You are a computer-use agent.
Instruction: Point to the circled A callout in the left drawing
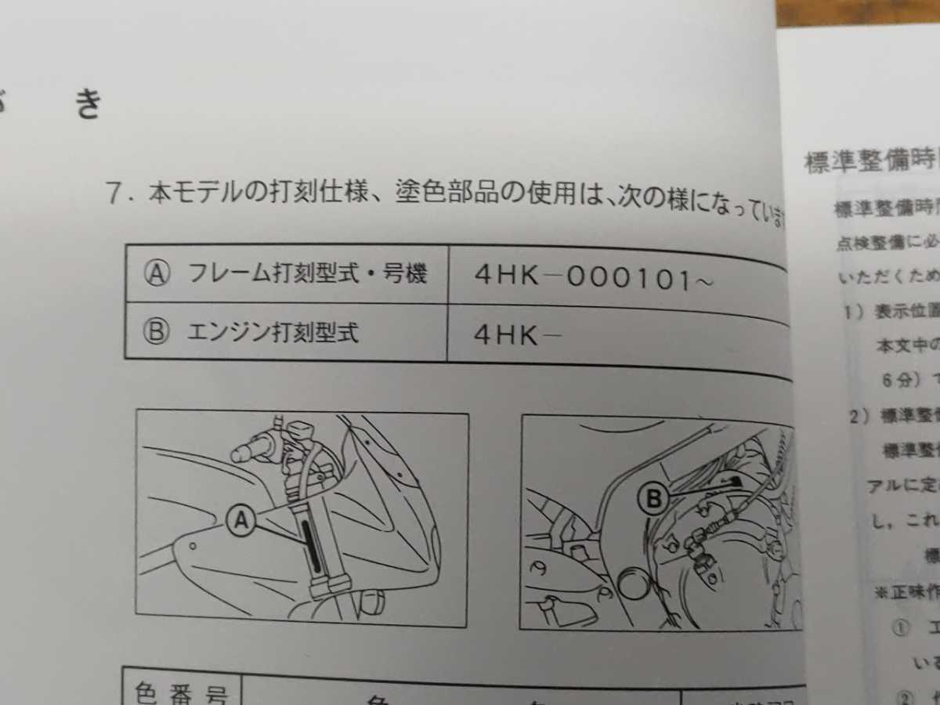[x=241, y=519]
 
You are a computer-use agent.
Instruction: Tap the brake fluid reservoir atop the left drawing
[x=300, y=432]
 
